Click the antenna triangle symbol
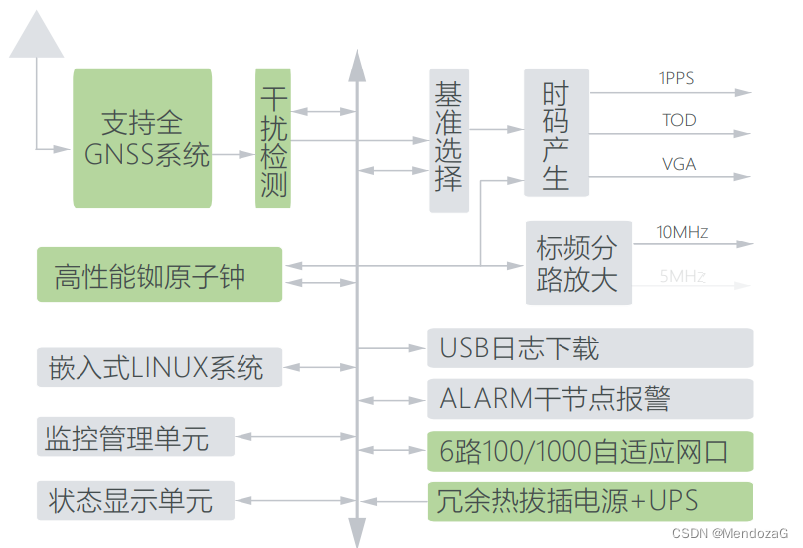click(x=37, y=38)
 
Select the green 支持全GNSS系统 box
click(x=142, y=138)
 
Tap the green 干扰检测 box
click(x=273, y=138)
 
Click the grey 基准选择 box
click(x=448, y=140)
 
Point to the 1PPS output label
click(x=676, y=77)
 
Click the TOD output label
click(x=679, y=121)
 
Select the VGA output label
click(x=679, y=164)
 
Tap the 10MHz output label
click(x=682, y=233)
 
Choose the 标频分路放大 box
click(x=578, y=263)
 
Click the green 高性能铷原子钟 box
click(x=159, y=275)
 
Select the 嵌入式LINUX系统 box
click(x=159, y=367)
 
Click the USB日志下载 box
click(x=590, y=348)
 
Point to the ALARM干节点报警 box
click(x=590, y=399)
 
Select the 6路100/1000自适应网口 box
click(x=590, y=451)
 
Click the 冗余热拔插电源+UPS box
click(x=590, y=500)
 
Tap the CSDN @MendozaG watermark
click(x=729, y=533)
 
